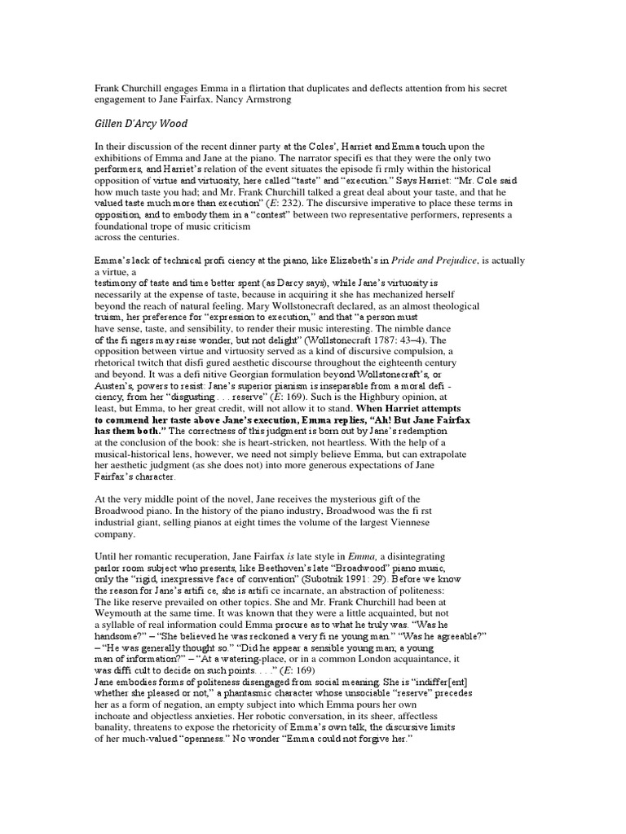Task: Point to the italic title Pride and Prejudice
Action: (x=441, y=261)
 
